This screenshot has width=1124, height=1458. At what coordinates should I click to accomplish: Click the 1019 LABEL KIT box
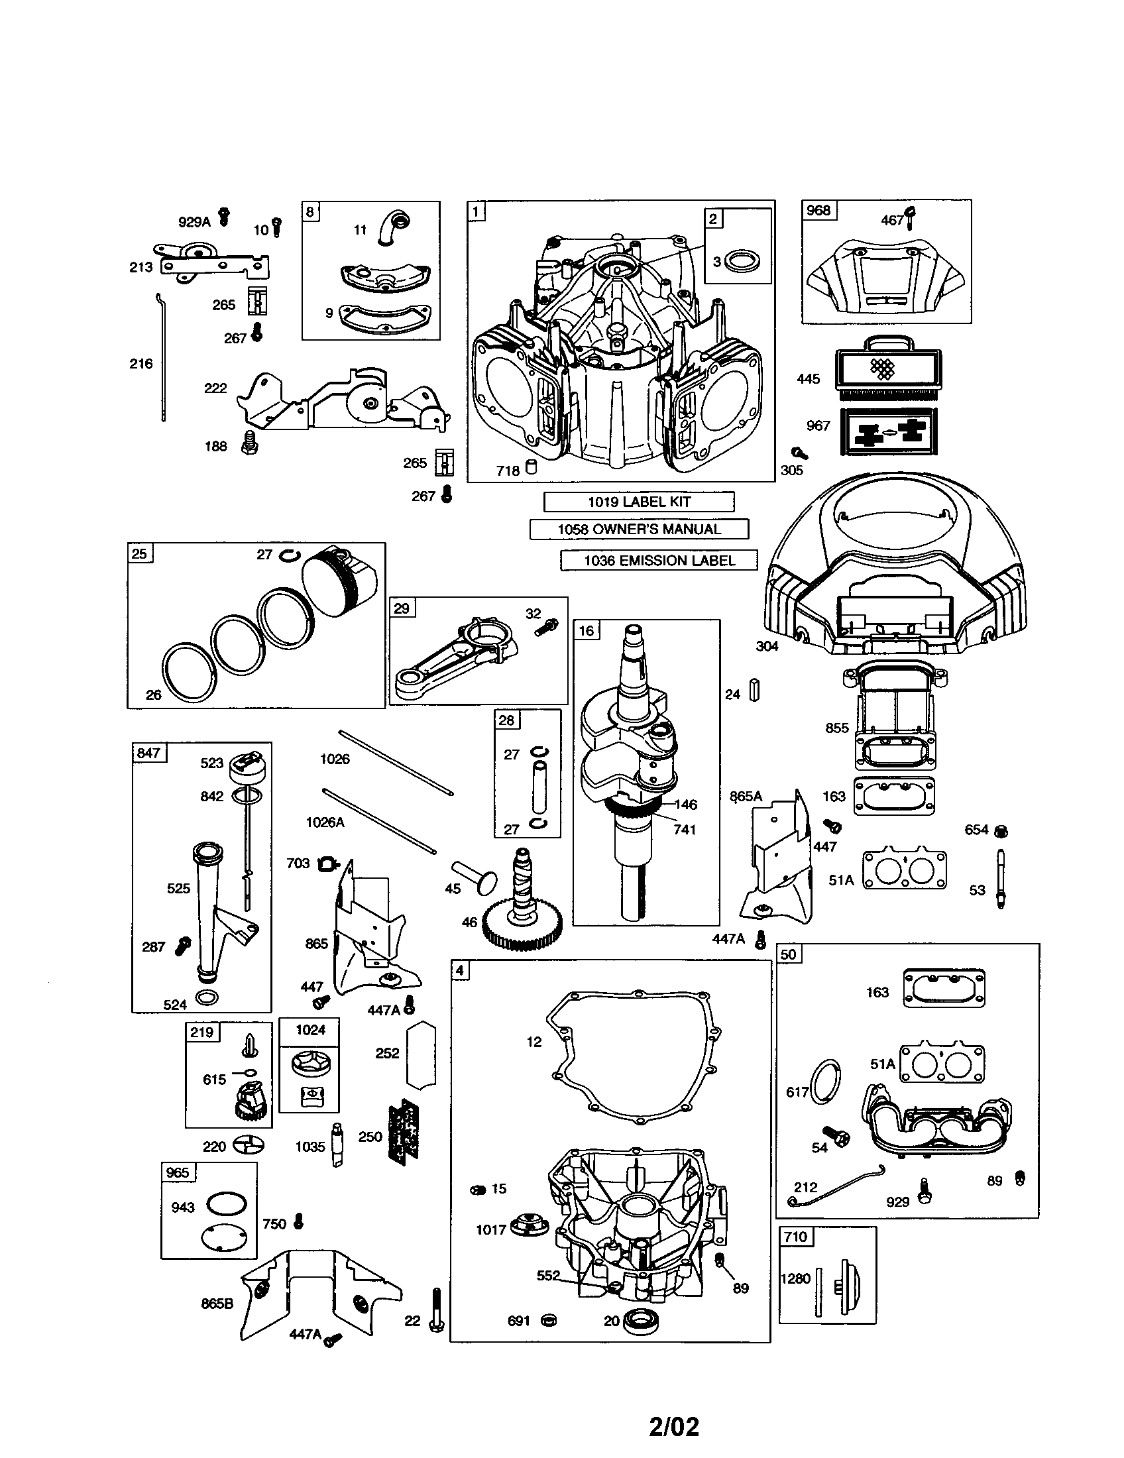639,502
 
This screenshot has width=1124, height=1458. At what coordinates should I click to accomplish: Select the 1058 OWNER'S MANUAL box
639,530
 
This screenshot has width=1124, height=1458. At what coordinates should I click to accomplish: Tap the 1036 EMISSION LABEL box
659,560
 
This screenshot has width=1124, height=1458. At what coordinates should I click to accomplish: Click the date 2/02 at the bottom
673,1422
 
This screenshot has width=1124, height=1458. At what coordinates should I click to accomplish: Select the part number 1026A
325,822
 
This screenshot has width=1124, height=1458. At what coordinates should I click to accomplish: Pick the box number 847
148,753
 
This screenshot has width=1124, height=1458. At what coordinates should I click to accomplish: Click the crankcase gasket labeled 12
634,1054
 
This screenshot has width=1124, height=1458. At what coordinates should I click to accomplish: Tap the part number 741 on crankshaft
685,829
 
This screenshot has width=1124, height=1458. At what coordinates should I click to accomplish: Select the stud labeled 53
1001,878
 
